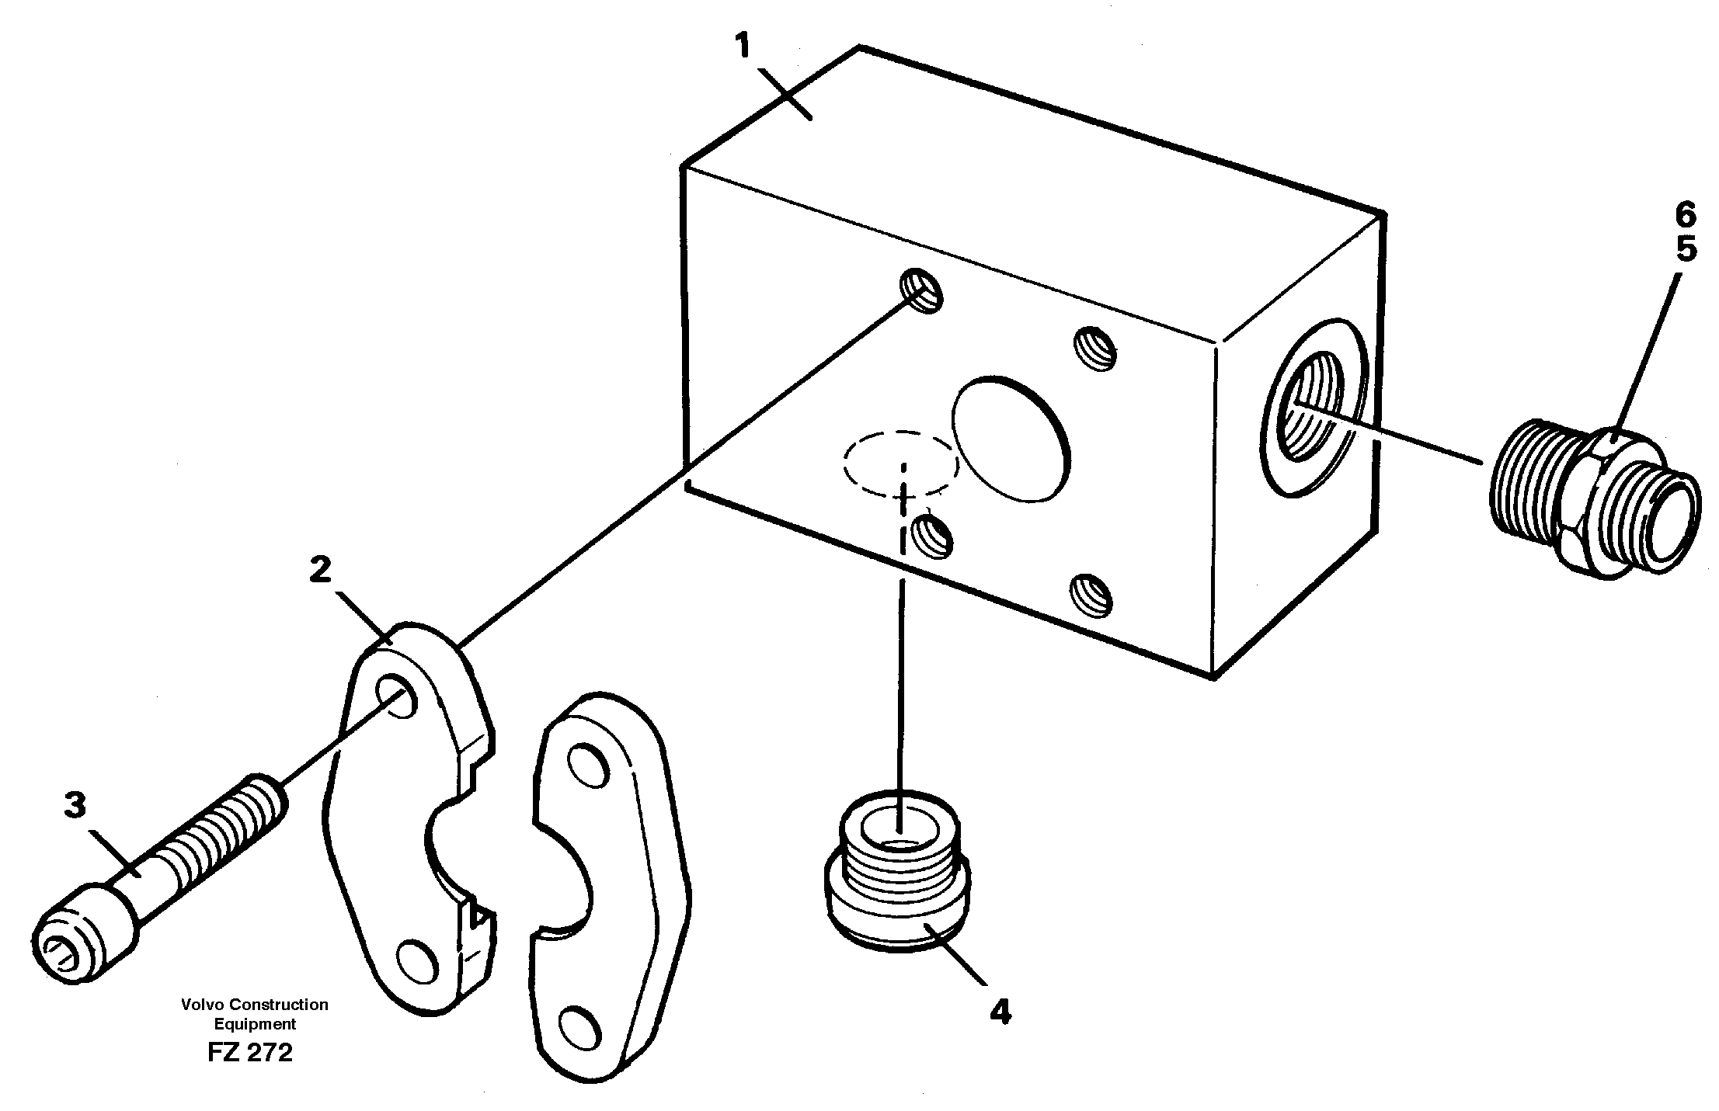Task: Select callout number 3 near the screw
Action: point(75,805)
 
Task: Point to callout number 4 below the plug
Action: point(1000,1012)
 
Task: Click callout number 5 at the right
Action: point(1685,250)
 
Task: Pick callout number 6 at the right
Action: point(1685,214)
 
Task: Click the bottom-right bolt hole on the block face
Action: point(1091,595)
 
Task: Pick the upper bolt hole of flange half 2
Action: point(398,693)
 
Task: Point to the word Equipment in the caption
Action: point(256,1023)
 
